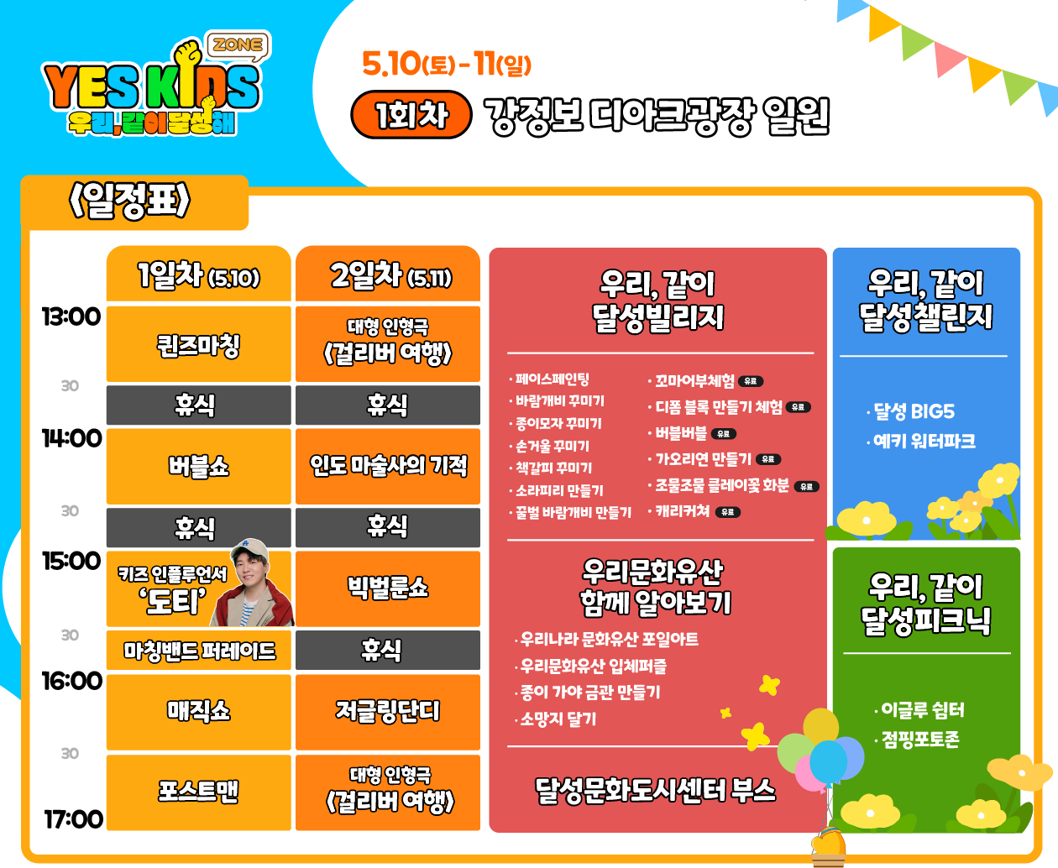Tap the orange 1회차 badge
tap(411, 115)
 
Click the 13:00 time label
tap(71, 316)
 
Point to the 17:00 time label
tap(74, 818)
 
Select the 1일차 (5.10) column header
tap(199, 275)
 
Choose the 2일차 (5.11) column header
tap(388, 275)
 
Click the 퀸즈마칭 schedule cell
tap(199, 345)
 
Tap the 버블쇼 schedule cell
tap(199, 466)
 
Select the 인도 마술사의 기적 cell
tap(388, 465)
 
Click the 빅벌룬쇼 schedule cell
tap(388, 588)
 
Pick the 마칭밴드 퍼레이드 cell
tap(199, 651)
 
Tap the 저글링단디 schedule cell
tap(388, 711)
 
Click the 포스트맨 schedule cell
tap(199, 791)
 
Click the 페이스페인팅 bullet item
tap(552, 379)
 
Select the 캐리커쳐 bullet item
tap(683, 510)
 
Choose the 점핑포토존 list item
tap(919, 740)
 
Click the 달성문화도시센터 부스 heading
tap(655, 790)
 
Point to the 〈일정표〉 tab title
tap(130, 201)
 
